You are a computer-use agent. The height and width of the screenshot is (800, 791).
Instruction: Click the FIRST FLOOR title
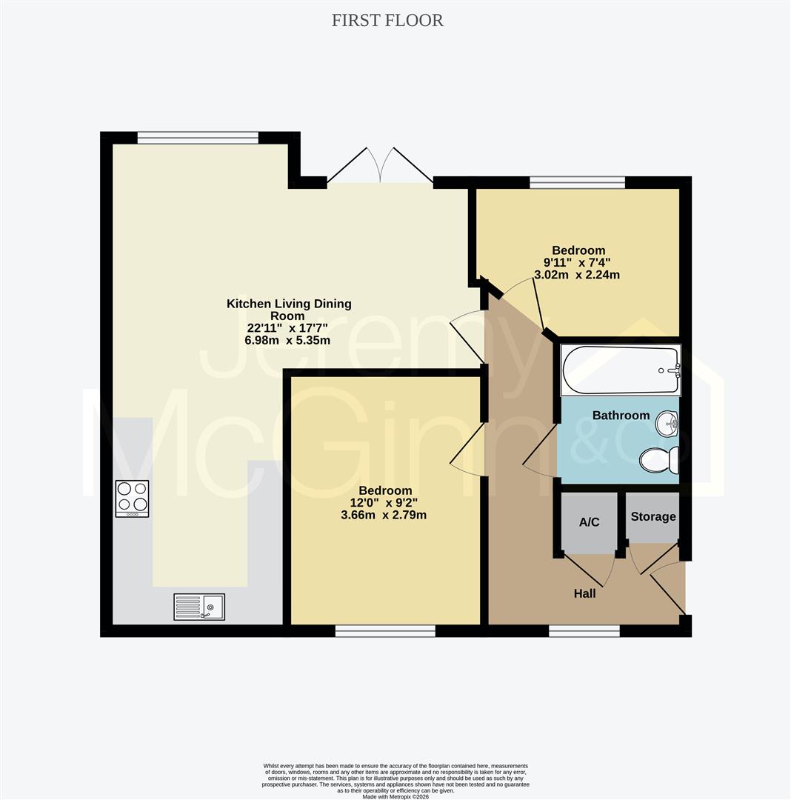coord(387,21)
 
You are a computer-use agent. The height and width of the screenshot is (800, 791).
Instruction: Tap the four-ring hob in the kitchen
coord(132,499)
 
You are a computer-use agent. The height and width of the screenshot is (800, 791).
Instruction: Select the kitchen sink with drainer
coord(199,607)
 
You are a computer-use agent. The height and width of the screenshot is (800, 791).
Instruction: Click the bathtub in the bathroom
coord(620,370)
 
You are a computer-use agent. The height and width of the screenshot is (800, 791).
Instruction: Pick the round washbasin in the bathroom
coord(668,425)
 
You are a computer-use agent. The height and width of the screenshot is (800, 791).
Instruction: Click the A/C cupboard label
coord(589,522)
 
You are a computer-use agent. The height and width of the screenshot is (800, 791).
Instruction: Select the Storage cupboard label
coord(653,516)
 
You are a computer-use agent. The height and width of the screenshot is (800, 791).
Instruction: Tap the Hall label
coord(584,593)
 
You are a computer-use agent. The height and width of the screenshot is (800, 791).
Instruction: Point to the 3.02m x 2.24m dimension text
coord(577,275)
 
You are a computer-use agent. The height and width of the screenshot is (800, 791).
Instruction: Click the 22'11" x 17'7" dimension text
coord(288,328)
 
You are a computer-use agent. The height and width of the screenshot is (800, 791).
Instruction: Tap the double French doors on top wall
coord(380,166)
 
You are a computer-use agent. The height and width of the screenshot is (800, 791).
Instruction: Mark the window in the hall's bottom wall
coord(584,630)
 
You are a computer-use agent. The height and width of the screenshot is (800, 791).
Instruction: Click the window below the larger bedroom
coord(385,630)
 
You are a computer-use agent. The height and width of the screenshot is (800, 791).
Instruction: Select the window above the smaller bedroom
coord(577,182)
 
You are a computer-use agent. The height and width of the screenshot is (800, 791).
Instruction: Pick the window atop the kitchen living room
coord(198,137)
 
